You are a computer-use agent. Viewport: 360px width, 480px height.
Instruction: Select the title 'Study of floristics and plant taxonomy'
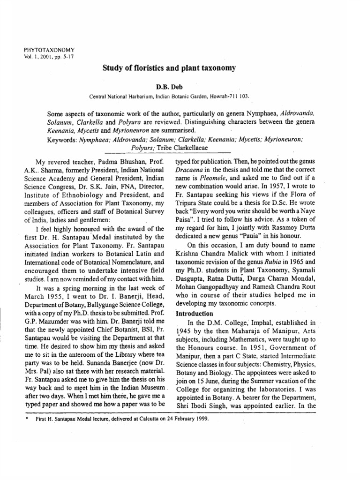[169, 68]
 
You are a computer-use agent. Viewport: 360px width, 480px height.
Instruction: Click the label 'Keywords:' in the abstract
[64, 140]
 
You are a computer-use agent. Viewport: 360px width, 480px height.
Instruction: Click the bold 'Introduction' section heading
[194, 313]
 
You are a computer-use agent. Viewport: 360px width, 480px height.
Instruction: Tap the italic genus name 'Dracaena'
[190, 170]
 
